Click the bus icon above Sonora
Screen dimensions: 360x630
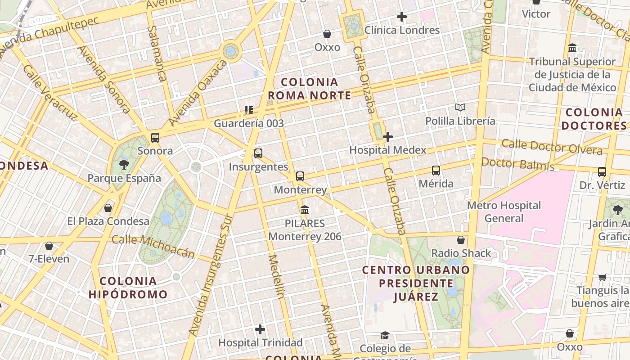[x=155, y=137]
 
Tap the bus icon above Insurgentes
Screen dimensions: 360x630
[x=258, y=153]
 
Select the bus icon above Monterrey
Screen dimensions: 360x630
[x=300, y=176]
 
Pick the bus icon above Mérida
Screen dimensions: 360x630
[x=436, y=171]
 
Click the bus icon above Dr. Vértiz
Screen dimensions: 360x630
[x=602, y=172]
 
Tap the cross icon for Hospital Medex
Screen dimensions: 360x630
[x=388, y=137]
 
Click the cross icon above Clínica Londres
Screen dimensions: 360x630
[x=402, y=17]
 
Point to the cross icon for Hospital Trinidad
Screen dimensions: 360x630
[x=260, y=329]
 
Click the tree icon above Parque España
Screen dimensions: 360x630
[x=124, y=165]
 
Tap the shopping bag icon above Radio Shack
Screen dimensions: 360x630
[x=461, y=240]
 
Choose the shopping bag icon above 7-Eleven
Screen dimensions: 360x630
[x=49, y=246]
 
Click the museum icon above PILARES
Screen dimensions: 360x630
[x=305, y=210]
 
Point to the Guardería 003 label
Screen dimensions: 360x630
[x=249, y=123]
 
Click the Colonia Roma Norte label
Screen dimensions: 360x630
[x=309, y=89]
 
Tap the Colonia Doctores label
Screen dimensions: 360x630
[x=594, y=119]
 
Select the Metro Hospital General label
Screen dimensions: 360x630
[x=504, y=212]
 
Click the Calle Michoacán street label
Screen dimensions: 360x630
[x=153, y=247]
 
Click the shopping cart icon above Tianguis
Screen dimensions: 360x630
[x=602, y=277]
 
